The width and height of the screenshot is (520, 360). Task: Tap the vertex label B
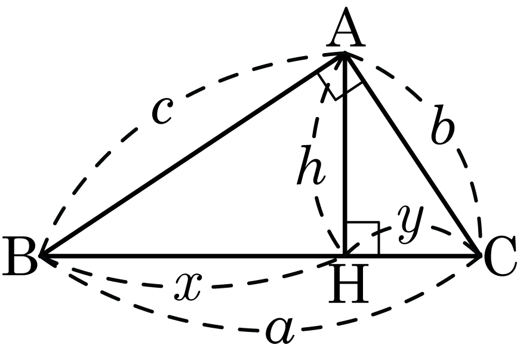pos(20,256)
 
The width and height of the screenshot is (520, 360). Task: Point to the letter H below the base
pos(349,283)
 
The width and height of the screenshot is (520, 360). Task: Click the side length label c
pos(162,112)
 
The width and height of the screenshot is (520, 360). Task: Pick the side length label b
pos(443,125)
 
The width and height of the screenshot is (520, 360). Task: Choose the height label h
pos(310,165)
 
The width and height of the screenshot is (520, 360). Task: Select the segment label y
pos(411,223)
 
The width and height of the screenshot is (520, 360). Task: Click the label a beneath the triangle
pos(281,331)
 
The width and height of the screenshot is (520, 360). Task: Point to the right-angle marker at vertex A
pos(339,87)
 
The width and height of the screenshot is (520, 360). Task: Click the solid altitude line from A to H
pos(345,154)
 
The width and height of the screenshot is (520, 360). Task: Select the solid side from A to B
pos(192,154)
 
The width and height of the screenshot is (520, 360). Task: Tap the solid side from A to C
pos(413,154)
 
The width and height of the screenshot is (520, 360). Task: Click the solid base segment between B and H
pos(192,256)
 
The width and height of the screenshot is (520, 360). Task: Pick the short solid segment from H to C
pos(413,256)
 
